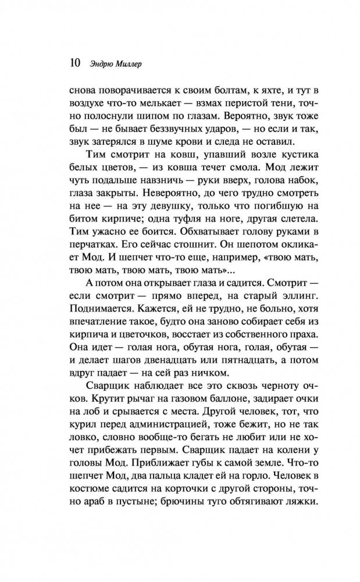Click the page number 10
tap(75, 61)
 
